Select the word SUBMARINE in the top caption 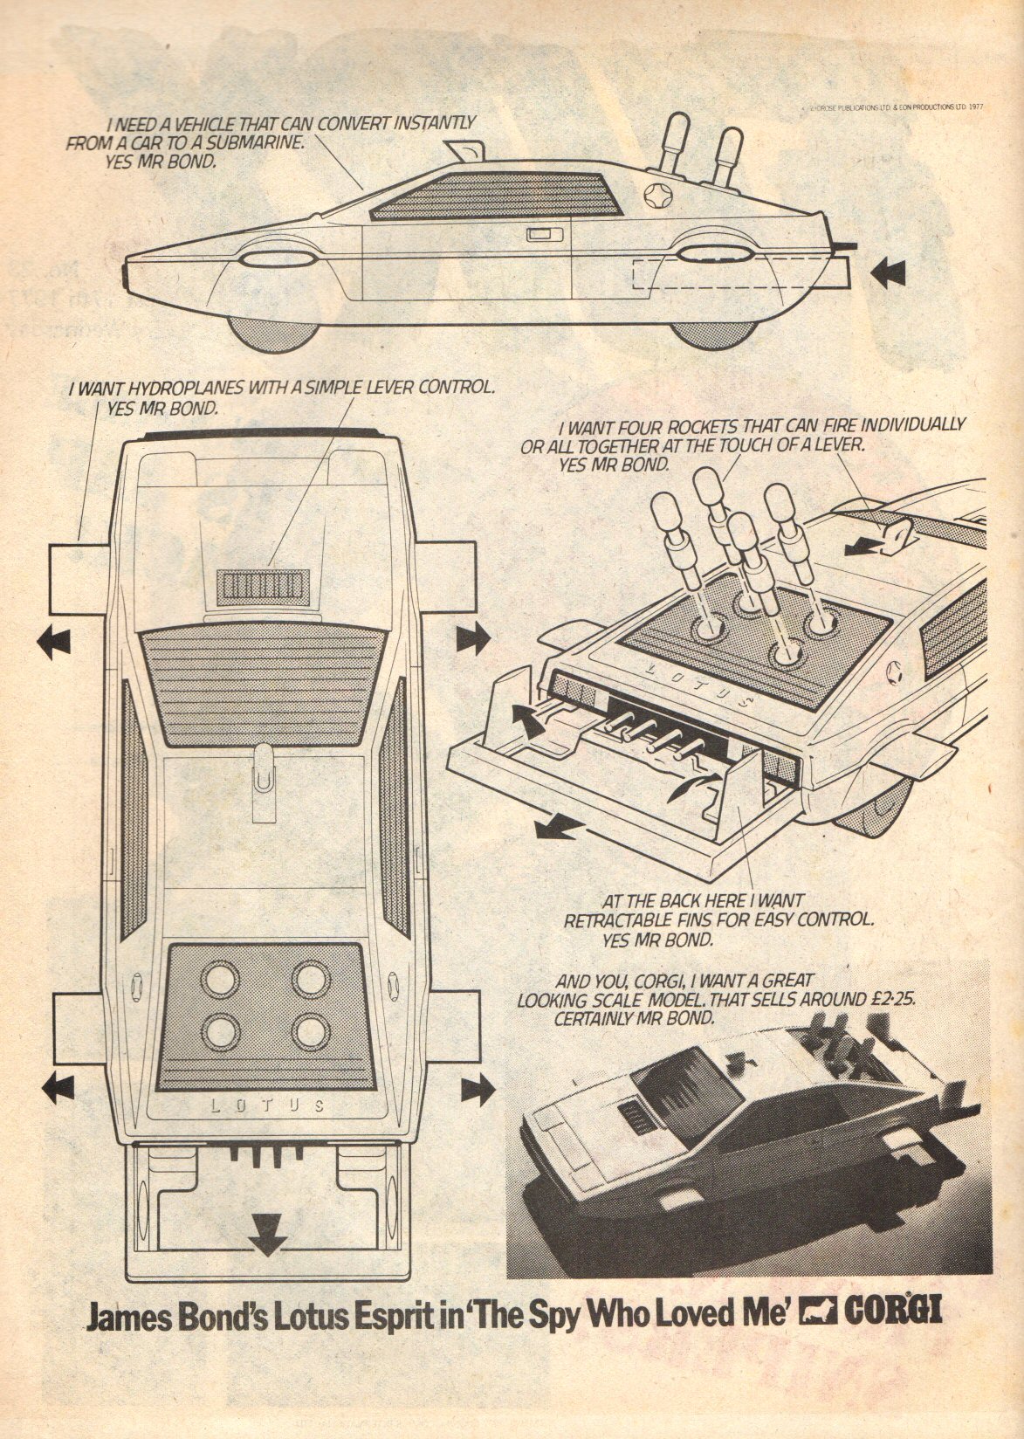(262, 142)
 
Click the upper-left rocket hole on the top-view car (216, 979)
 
